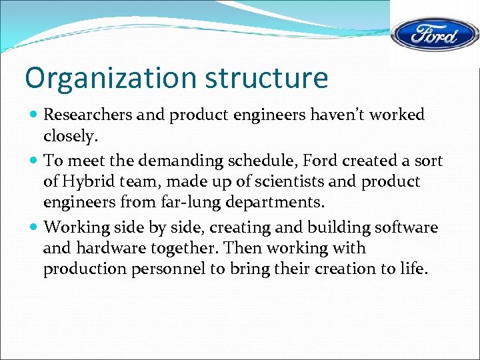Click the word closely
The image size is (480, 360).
coord(71,136)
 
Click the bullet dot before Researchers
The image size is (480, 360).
coord(33,115)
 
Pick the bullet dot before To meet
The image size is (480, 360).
coord(33,161)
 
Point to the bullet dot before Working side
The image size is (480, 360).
coord(33,228)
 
